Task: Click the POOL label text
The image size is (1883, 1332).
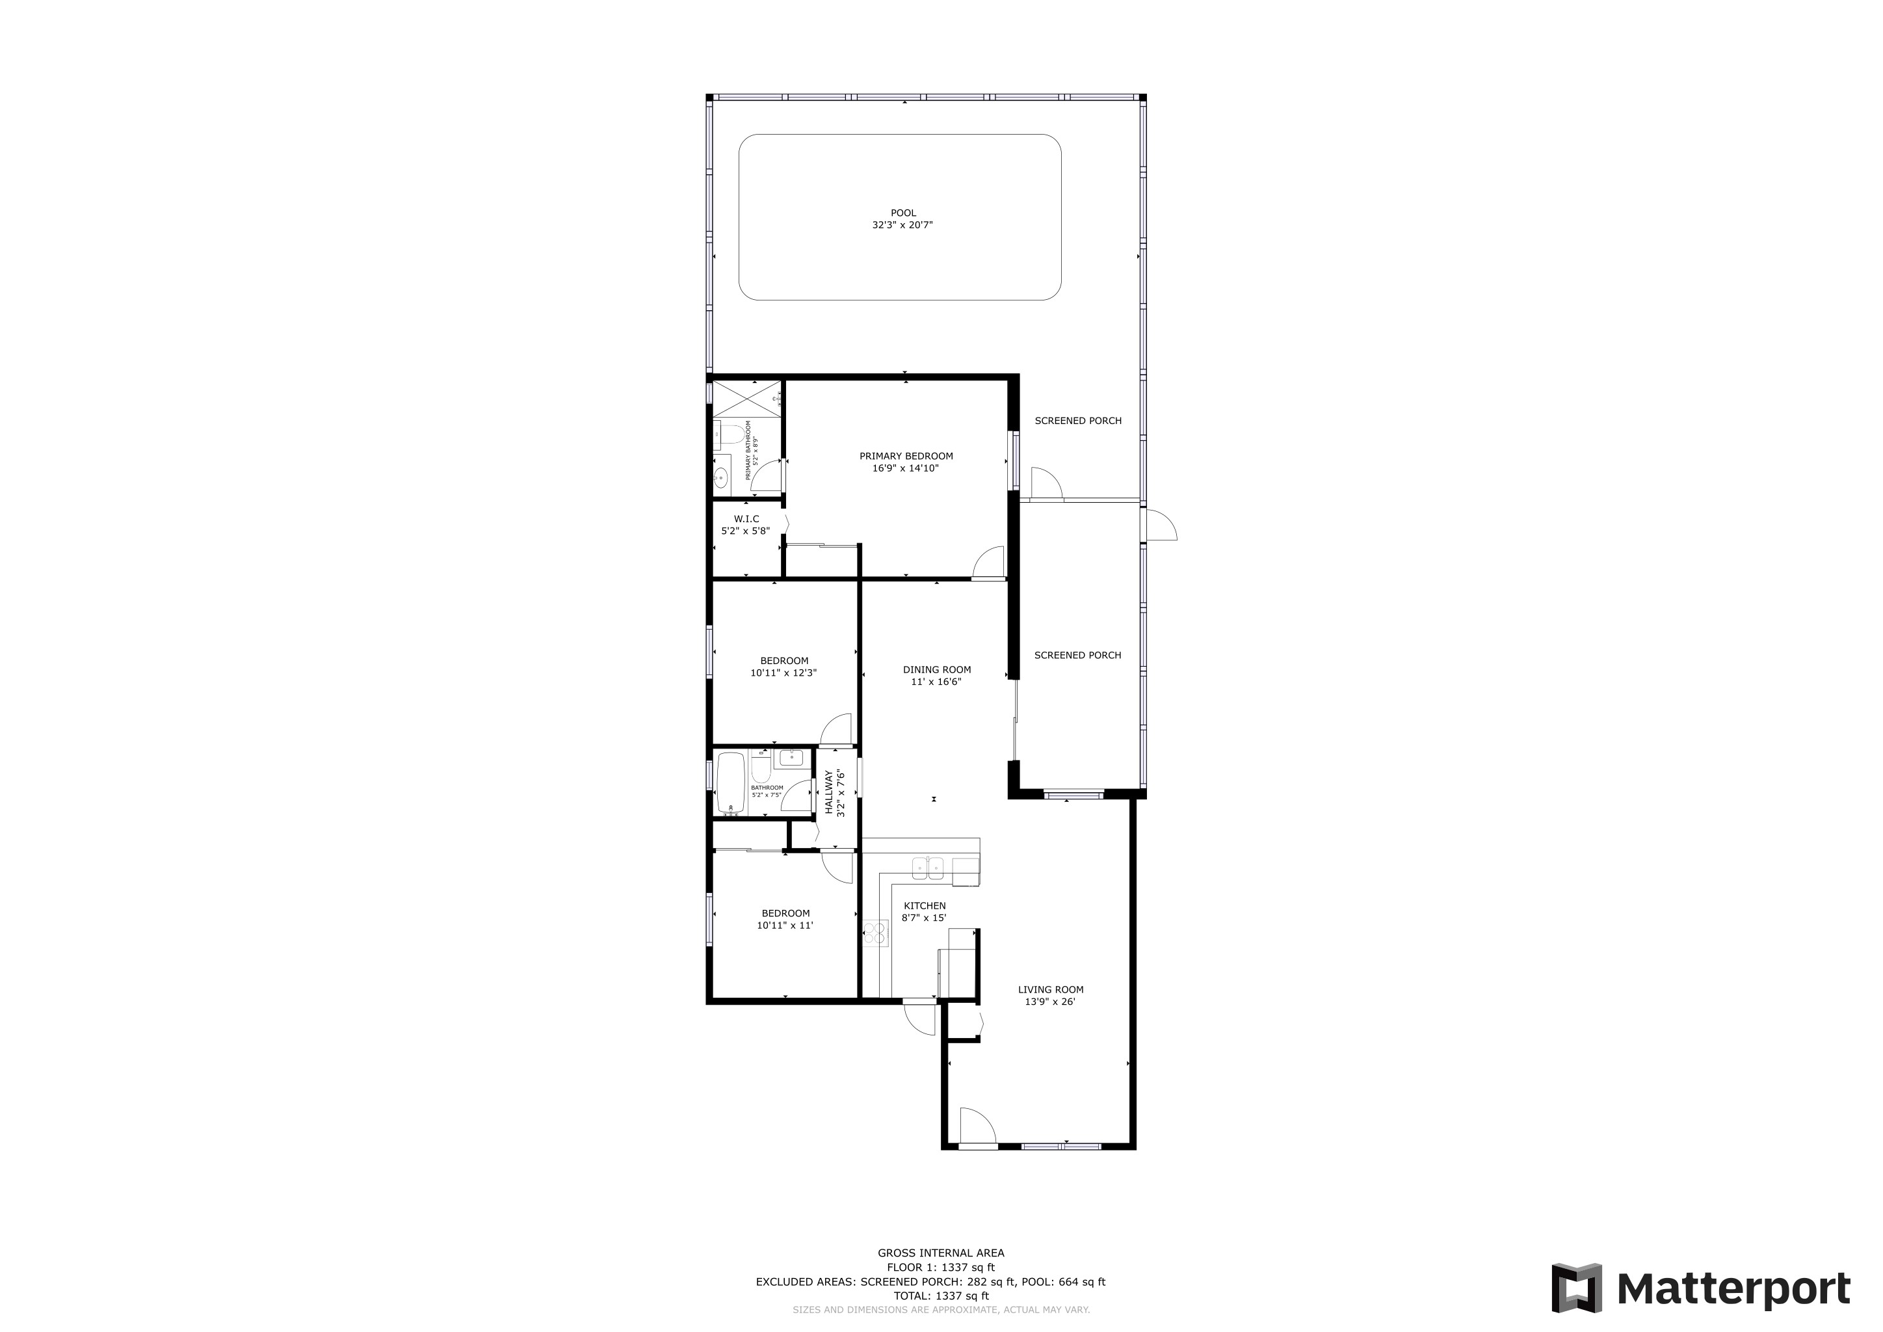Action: [903, 213]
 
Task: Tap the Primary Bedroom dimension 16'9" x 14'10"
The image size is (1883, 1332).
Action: [906, 469]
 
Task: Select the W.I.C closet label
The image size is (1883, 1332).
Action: [746, 519]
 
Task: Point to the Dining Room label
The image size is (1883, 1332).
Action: [936, 670]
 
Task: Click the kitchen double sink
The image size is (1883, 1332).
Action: [928, 868]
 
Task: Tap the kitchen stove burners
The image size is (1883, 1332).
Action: [875, 933]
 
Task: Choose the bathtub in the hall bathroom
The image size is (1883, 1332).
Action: [730, 783]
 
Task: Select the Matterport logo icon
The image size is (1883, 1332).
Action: [1576, 1288]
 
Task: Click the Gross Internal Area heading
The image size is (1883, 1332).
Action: [941, 1253]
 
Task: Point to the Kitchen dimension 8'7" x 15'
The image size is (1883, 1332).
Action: [925, 918]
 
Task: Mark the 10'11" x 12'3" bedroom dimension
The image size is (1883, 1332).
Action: [783, 673]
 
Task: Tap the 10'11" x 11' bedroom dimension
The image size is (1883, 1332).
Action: [785, 926]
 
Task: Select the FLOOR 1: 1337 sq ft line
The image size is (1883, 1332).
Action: [941, 1267]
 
